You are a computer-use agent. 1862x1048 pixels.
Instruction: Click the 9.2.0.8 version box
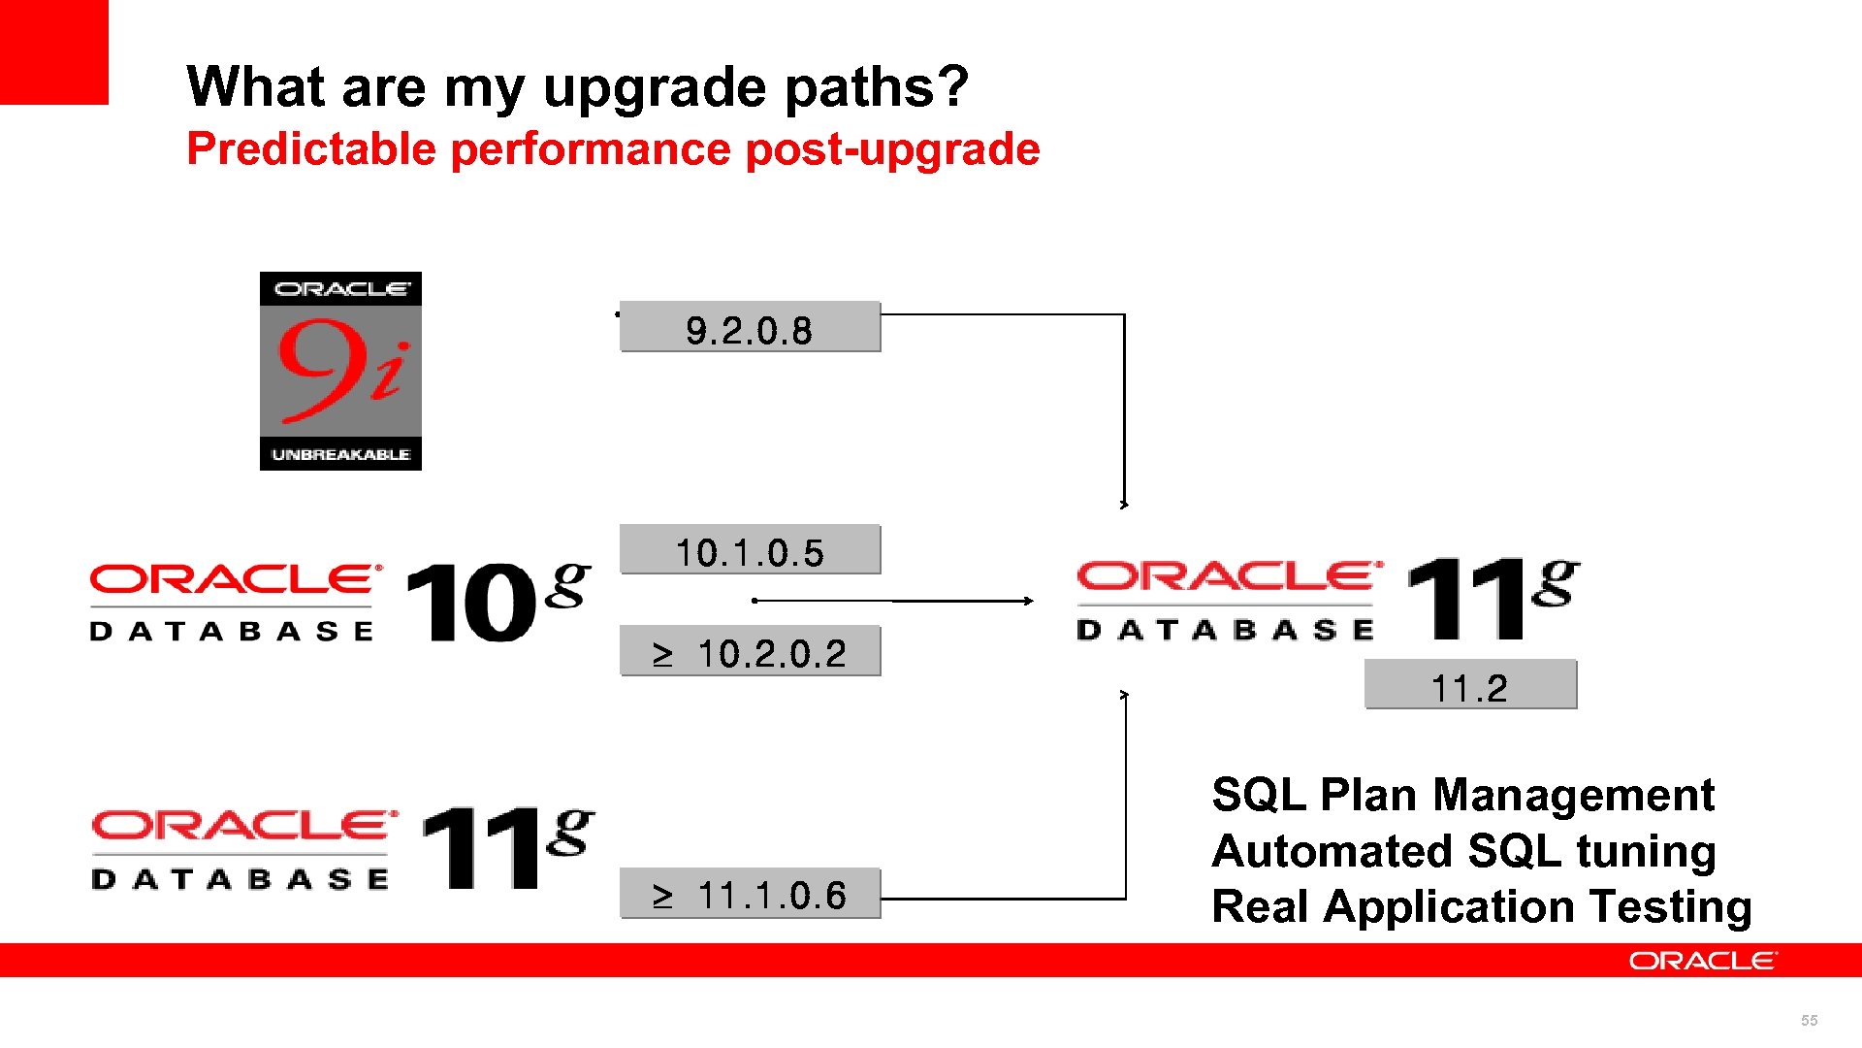[x=750, y=328]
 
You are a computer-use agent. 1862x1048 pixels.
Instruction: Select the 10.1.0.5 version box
[x=750, y=551]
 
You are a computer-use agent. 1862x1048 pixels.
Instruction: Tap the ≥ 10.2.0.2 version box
[x=750, y=652]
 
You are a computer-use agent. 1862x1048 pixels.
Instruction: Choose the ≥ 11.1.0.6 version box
[x=750, y=894]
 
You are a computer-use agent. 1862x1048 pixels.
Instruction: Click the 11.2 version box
[x=1470, y=686]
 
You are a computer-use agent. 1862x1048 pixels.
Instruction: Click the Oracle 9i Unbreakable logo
[x=340, y=371]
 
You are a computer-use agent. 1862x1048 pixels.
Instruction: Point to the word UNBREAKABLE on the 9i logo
[x=340, y=454]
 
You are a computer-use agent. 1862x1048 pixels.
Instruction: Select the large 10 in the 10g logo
[x=470, y=603]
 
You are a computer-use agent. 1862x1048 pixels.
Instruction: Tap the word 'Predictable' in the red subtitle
[x=311, y=149]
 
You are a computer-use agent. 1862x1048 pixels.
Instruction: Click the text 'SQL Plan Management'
[x=1462, y=795]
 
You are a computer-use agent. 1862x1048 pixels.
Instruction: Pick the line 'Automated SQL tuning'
[x=1463, y=851]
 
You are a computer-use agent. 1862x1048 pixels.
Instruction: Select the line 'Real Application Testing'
[x=1481, y=907]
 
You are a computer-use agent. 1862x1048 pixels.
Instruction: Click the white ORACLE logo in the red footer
[x=1703, y=961]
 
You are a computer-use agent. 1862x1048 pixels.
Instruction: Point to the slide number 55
[x=1809, y=1020]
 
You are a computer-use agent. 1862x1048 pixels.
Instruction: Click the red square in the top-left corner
[x=53, y=51]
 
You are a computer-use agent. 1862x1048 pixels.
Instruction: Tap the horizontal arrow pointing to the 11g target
[x=892, y=601]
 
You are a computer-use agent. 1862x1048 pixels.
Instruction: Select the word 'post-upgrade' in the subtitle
[x=892, y=149]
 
